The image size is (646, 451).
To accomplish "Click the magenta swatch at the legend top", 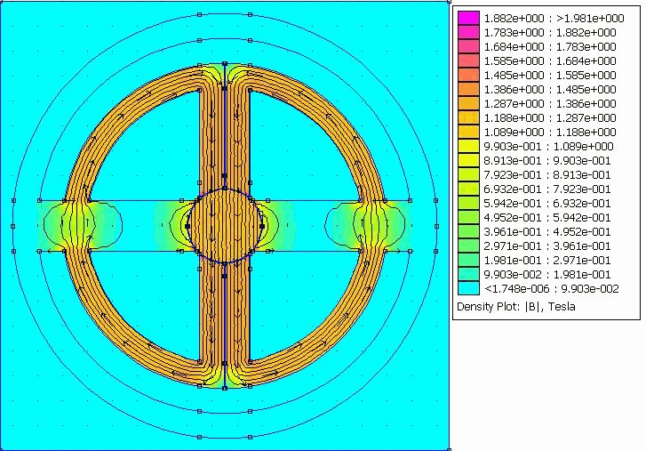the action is pyautogui.click(x=468, y=18).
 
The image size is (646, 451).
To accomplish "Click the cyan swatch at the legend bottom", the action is pyautogui.click(x=468, y=288).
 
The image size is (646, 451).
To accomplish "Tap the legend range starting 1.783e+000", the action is pyautogui.click(x=550, y=33).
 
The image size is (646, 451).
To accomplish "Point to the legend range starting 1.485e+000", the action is pyautogui.click(x=550, y=75).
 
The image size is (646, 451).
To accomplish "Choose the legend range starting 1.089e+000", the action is pyautogui.click(x=550, y=132).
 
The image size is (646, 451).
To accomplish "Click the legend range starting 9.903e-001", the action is pyautogui.click(x=549, y=147).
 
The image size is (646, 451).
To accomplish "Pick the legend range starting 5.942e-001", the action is pyautogui.click(x=547, y=203).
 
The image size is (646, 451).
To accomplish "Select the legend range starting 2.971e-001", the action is pyautogui.click(x=547, y=246).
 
